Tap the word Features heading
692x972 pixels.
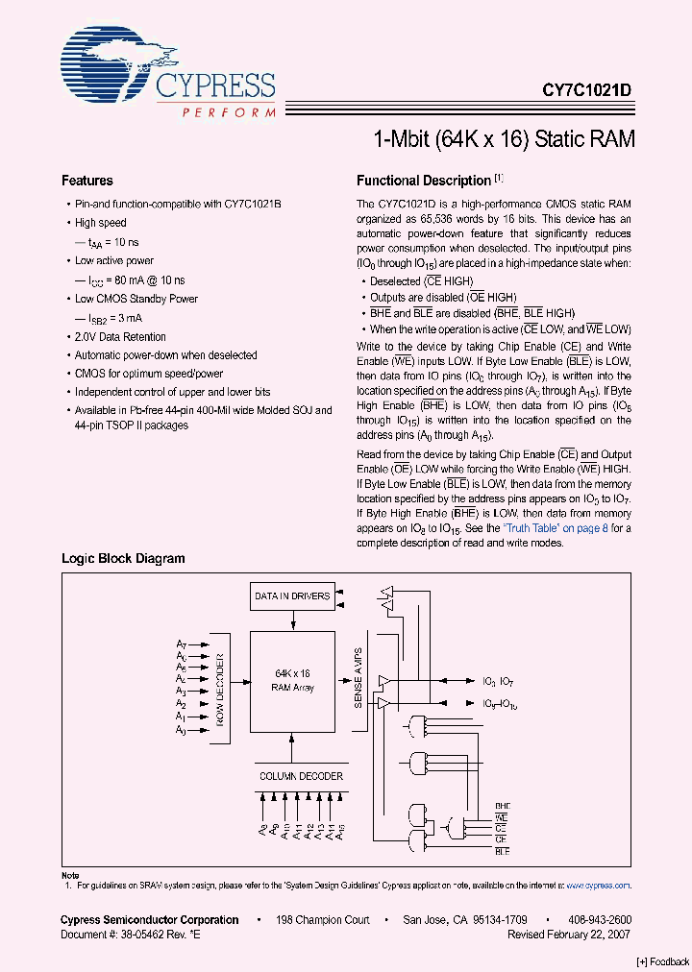87,181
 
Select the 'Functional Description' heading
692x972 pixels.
424,181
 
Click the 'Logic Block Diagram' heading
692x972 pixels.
123,558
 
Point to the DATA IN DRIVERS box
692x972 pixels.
292,595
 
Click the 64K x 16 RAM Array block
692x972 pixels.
292,680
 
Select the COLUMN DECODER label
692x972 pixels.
301,775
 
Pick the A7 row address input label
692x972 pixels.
181,644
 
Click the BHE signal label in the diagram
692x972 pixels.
502,806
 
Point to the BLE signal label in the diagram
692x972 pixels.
502,852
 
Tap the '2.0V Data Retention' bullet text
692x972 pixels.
120,337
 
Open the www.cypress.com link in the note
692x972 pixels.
599,886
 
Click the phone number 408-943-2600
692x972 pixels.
599,920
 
